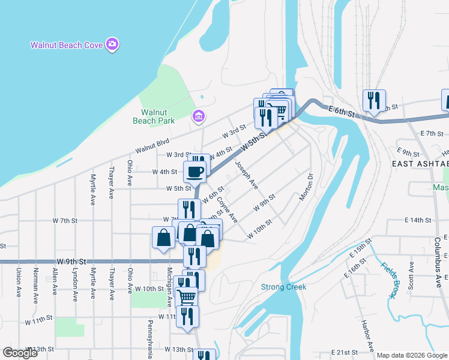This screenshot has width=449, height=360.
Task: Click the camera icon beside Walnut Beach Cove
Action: point(112,44)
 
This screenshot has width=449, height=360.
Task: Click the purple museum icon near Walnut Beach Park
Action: point(196,116)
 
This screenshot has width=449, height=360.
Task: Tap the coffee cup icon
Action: point(194,172)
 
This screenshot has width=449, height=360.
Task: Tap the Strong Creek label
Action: point(283,287)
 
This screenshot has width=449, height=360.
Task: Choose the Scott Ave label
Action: point(411,274)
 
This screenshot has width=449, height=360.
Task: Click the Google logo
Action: point(20,352)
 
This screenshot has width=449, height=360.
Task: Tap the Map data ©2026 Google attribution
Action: point(412,355)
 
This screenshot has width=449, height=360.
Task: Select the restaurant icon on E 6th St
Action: point(375,100)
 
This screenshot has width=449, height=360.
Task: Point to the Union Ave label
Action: point(19,280)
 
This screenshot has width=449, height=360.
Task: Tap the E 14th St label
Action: point(418,220)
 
